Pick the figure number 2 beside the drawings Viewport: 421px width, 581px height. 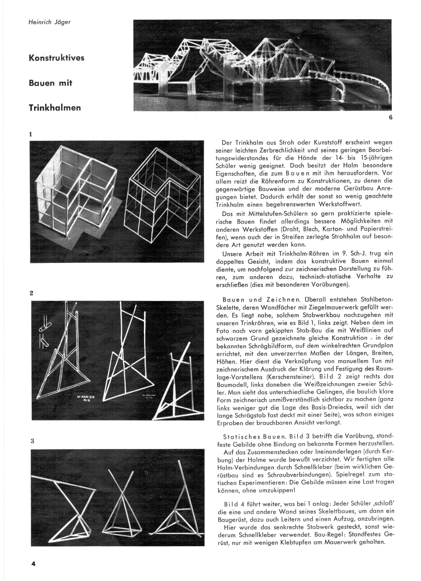(x=31, y=293)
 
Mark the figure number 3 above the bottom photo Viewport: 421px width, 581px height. (x=32, y=441)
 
